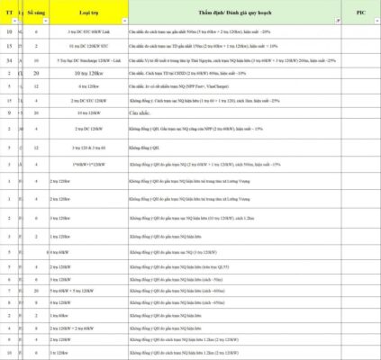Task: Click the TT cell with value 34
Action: (9, 59)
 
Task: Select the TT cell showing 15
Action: (9, 45)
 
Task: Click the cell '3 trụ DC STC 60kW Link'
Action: (87, 31)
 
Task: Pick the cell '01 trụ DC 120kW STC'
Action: (87, 45)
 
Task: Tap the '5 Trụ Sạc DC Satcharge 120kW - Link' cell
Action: (87, 59)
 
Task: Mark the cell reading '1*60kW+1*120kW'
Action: (87, 165)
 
